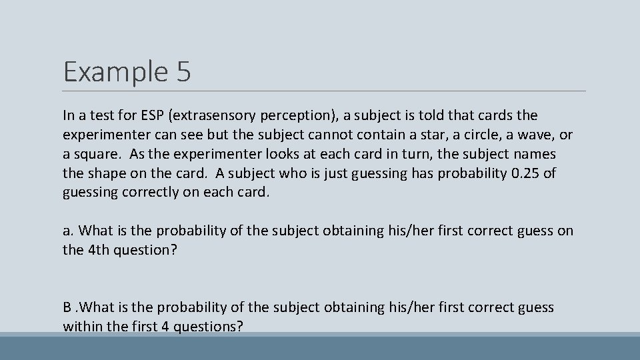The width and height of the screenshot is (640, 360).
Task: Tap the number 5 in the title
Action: pos(184,71)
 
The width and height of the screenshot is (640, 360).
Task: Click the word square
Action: pos(97,154)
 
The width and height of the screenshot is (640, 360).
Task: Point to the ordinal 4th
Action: pos(98,250)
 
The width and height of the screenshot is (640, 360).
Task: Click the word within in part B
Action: pos(83,327)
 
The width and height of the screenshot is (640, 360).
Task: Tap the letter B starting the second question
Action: pos(67,307)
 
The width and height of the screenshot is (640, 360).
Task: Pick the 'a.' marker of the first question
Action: pos(68,231)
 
